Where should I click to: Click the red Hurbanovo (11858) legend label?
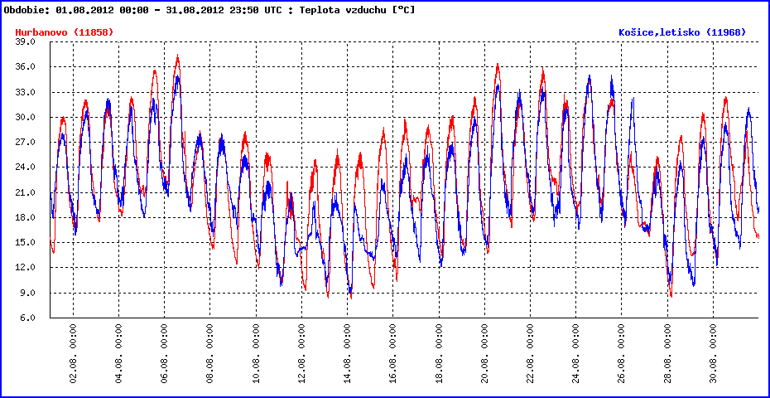[x=64, y=32]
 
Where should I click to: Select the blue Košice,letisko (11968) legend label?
[x=682, y=32]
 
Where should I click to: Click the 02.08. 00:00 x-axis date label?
[x=74, y=352]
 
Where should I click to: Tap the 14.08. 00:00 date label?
[x=348, y=352]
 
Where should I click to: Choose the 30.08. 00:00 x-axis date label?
[x=714, y=352]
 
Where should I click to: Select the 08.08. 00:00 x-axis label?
[x=211, y=352]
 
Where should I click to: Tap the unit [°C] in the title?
[x=402, y=10]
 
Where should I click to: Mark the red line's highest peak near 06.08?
[x=177, y=56]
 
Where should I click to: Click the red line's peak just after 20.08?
[x=498, y=64]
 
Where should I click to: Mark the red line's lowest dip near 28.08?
[x=671, y=295]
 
